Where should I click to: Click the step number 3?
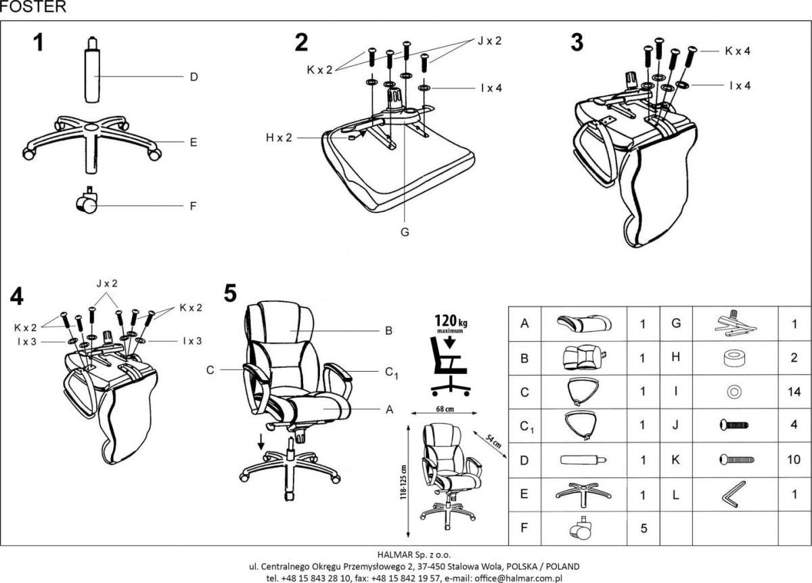click(577, 42)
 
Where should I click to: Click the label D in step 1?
click(193, 77)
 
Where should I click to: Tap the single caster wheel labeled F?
click(87, 201)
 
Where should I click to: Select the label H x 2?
click(279, 137)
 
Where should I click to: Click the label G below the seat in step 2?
click(404, 232)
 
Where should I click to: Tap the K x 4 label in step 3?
click(738, 51)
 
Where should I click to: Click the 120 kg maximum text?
click(449, 323)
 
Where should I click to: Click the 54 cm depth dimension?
click(493, 442)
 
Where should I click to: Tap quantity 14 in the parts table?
click(794, 391)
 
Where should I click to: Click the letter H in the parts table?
click(675, 357)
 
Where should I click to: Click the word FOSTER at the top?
click(33, 7)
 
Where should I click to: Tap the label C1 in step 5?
click(390, 371)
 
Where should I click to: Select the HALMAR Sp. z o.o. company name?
click(405, 553)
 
